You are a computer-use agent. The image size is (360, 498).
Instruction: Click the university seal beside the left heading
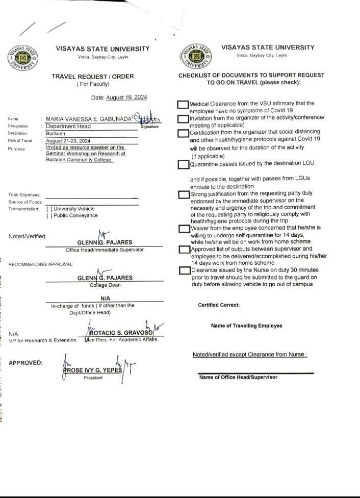tap(21, 58)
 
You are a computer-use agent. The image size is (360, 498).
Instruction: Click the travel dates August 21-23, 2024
tap(68, 141)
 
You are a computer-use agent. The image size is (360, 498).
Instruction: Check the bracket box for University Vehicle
tap(49, 209)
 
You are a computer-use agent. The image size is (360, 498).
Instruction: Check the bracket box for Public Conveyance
tap(49, 215)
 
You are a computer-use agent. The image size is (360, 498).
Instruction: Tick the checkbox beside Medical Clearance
tap(183, 105)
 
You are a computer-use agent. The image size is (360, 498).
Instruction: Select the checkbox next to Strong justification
tap(184, 194)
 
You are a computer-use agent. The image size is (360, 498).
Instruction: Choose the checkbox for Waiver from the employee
tap(184, 229)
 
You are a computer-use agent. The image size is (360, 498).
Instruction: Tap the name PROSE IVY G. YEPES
tap(92, 370)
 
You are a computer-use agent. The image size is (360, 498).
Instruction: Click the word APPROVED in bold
tap(25, 363)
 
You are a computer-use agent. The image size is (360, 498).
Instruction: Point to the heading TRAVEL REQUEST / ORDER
tap(93, 77)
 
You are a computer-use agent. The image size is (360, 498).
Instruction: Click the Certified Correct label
tap(219, 305)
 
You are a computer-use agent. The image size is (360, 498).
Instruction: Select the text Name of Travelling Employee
tap(246, 326)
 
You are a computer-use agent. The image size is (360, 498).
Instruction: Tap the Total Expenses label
tap(24, 194)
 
